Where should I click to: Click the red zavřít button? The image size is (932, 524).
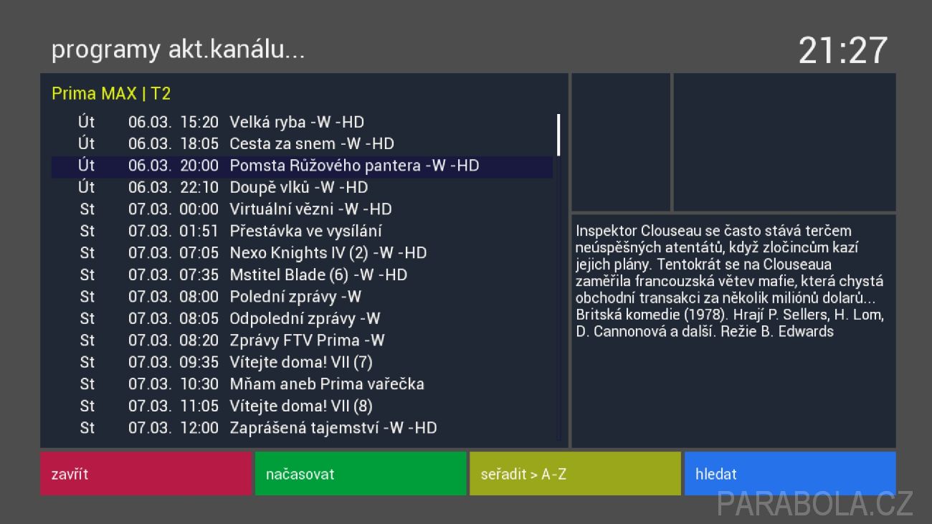click(146, 474)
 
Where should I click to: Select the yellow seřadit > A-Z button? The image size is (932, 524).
click(575, 474)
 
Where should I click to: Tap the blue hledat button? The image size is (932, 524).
click(790, 474)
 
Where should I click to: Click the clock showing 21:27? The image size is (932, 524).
click(843, 50)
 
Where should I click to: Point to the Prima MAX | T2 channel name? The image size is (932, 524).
click(111, 94)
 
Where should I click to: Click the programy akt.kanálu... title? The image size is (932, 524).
click(178, 49)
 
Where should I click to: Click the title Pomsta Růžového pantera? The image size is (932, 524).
click(325, 166)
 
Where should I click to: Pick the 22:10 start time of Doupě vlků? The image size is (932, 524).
click(199, 188)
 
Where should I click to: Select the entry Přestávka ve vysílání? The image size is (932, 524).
click(306, 232)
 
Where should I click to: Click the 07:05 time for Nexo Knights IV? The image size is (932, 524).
click(199, 253)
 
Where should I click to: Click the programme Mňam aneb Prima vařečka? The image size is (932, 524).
click(327, 384)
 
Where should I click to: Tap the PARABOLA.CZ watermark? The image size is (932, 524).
click(814, 505)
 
